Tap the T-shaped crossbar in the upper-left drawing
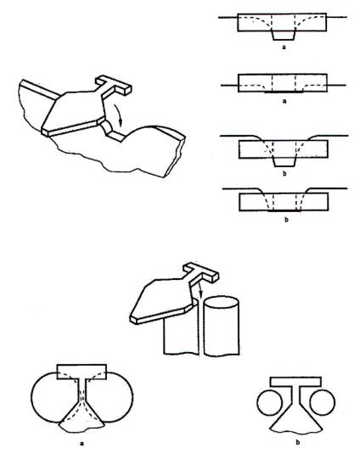pos(114,84)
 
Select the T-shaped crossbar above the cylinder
pos(201,272)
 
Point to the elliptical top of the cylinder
pos(222,303)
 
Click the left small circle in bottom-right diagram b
pos(269,402)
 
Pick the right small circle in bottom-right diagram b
pos(322,402)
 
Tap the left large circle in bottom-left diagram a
pos(31,397)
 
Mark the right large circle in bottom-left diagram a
pos(132,397)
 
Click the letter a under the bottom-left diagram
pos(82,443)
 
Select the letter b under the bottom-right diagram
pos(298,442)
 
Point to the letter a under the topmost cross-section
pos(284,47)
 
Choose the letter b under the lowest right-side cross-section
pos(286,219)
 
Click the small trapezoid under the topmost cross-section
pos(284,36)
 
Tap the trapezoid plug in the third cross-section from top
pos(284,162)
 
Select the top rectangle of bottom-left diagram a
pos(82,372)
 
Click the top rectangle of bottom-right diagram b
pos(295,382)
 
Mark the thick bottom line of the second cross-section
pos(284,92)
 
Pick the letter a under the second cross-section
pos(284,101)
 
